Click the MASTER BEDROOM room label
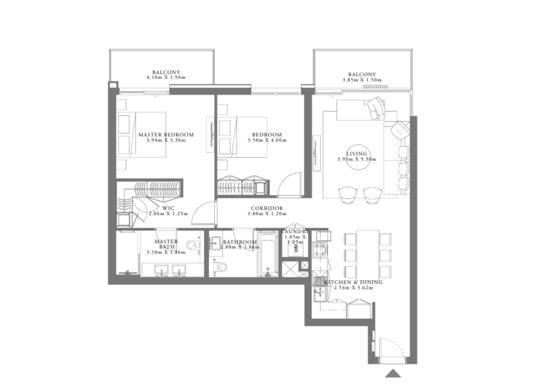(x=166, y=135)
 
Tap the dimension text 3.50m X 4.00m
(x=267, y=140)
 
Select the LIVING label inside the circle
(x=357, y=154)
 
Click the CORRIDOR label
(x=267, y=208)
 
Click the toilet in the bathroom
(x=220, y=267)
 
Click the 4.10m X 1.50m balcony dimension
(x=166, y=77)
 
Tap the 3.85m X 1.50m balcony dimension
(x=362, y=80)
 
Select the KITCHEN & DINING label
(x=354, y=282)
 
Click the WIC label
(x=168, y=208)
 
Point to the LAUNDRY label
(x=295, y=232)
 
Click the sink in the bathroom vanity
(x=215, y=243)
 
